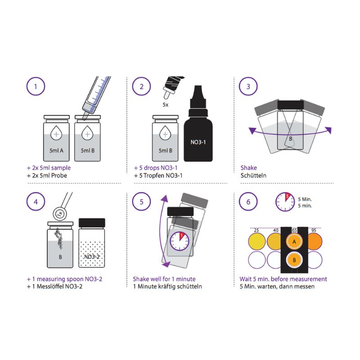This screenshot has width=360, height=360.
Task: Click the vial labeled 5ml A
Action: tap(56, 138)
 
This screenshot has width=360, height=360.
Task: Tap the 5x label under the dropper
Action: tap(165, 105)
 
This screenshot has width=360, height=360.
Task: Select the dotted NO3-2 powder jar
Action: tap(92, 243)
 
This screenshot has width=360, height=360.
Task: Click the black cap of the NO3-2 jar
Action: tap(92, 223)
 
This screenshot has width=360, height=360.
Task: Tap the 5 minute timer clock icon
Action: tap(285, 202)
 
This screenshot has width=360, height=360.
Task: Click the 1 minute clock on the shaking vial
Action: tap(179, 241)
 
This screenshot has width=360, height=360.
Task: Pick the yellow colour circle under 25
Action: tap(256, 241)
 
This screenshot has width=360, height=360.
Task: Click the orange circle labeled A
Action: tap(294, 242)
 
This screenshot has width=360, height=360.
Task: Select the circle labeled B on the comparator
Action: tap(294, 260)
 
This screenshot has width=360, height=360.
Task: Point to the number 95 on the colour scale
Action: tap(314, 230)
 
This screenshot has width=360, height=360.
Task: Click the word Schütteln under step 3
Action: tap(253, 175)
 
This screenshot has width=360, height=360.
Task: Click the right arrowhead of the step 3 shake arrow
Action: tap(328, 130)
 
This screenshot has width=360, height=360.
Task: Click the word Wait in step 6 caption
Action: tap(246, 279)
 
